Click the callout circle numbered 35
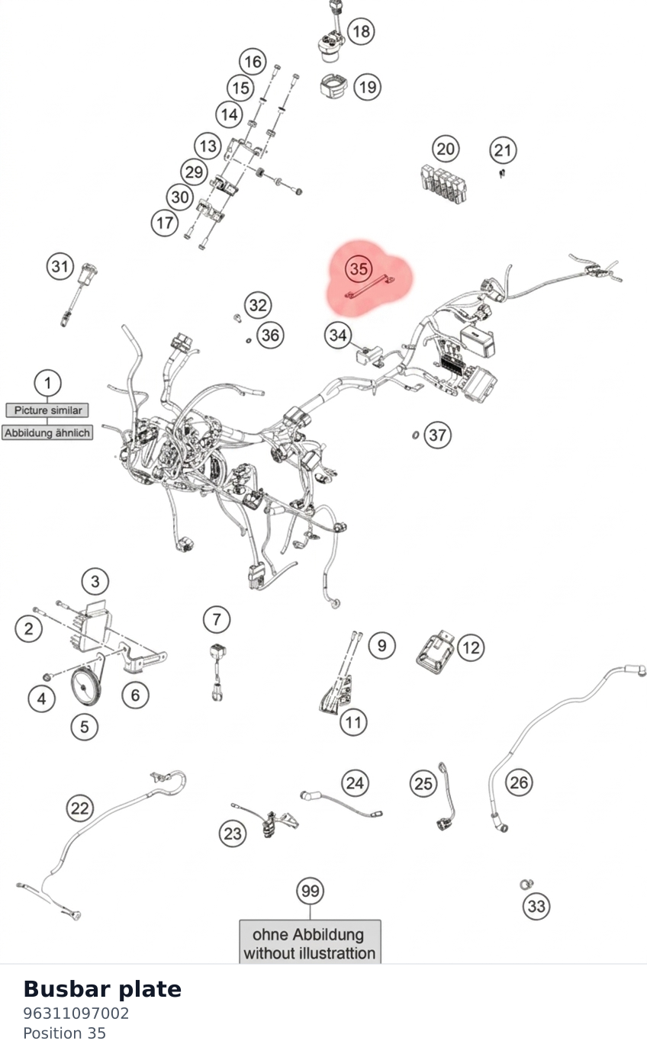(x=359, y=268)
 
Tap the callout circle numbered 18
(x=361, y=31)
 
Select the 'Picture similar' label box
(x=47, y=410)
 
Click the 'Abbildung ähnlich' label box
(x=47, y=432)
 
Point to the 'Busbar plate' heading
(x=102, y=988)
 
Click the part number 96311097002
(x=76, y=1013)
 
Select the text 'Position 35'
(x=64, y=1033)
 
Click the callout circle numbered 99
(x=310, y=891)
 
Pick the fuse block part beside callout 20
(x=443, y=185)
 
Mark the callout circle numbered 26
(x=519, y=782)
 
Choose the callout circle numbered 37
(x=437, y=435)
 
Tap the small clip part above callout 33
(x=526, y=884)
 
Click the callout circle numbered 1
(x=47, y=382)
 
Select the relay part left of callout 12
(x=435, y=651)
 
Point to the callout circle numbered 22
(x=79, y=808)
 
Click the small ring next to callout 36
(x=249, y=340)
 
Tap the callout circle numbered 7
(x=217, y=619)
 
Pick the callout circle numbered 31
(x=60, y=266)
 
